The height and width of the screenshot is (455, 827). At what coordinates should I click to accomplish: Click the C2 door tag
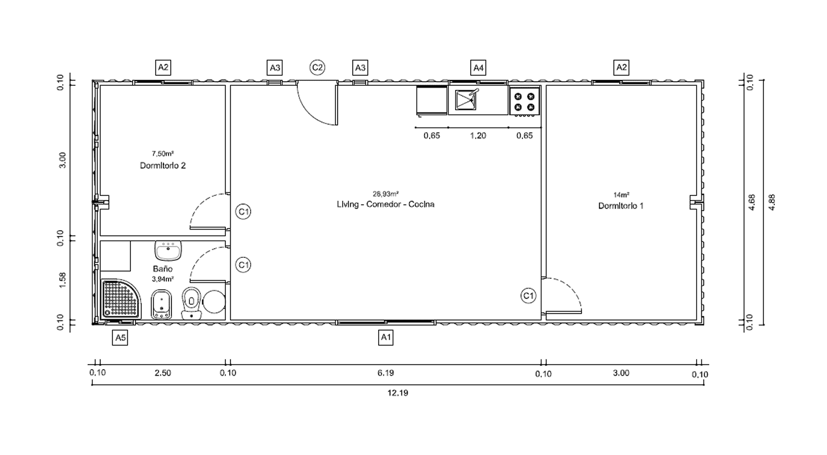click(317, 68)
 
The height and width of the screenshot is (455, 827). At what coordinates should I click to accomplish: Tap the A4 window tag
click(478, 68)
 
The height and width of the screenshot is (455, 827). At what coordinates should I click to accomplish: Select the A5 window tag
click(120, 337)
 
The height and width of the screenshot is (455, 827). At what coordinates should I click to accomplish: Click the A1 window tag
click(386, 337)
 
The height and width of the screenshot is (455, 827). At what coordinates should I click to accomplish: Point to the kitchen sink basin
click(466, 100)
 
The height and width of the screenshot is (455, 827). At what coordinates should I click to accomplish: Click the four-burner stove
click(525, 101)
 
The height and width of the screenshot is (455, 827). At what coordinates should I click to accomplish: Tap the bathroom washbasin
click(169, 250)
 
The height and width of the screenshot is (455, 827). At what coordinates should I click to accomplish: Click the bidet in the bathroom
click(162, 304)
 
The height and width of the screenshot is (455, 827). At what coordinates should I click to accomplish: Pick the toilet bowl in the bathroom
click(191, 304)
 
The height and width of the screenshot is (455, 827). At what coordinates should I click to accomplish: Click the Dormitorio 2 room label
click(163, 166)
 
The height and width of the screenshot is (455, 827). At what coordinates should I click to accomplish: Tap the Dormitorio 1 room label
click(621, 206)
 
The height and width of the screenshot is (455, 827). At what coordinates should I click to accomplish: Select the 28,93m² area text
click(386, 194)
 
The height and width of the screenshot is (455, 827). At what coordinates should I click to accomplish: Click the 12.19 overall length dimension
click(398, 393)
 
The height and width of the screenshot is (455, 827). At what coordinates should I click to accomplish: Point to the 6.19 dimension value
click(386, 373)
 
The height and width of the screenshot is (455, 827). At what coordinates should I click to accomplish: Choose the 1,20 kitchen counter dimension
click(478, 136)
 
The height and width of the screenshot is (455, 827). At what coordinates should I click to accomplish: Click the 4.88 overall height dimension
click(771, 202)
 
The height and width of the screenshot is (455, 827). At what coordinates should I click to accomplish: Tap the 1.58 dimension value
click(63, 280)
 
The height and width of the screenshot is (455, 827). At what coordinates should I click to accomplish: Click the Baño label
click(163, 269)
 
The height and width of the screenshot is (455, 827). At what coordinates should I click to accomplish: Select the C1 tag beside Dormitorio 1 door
click(528, 296)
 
